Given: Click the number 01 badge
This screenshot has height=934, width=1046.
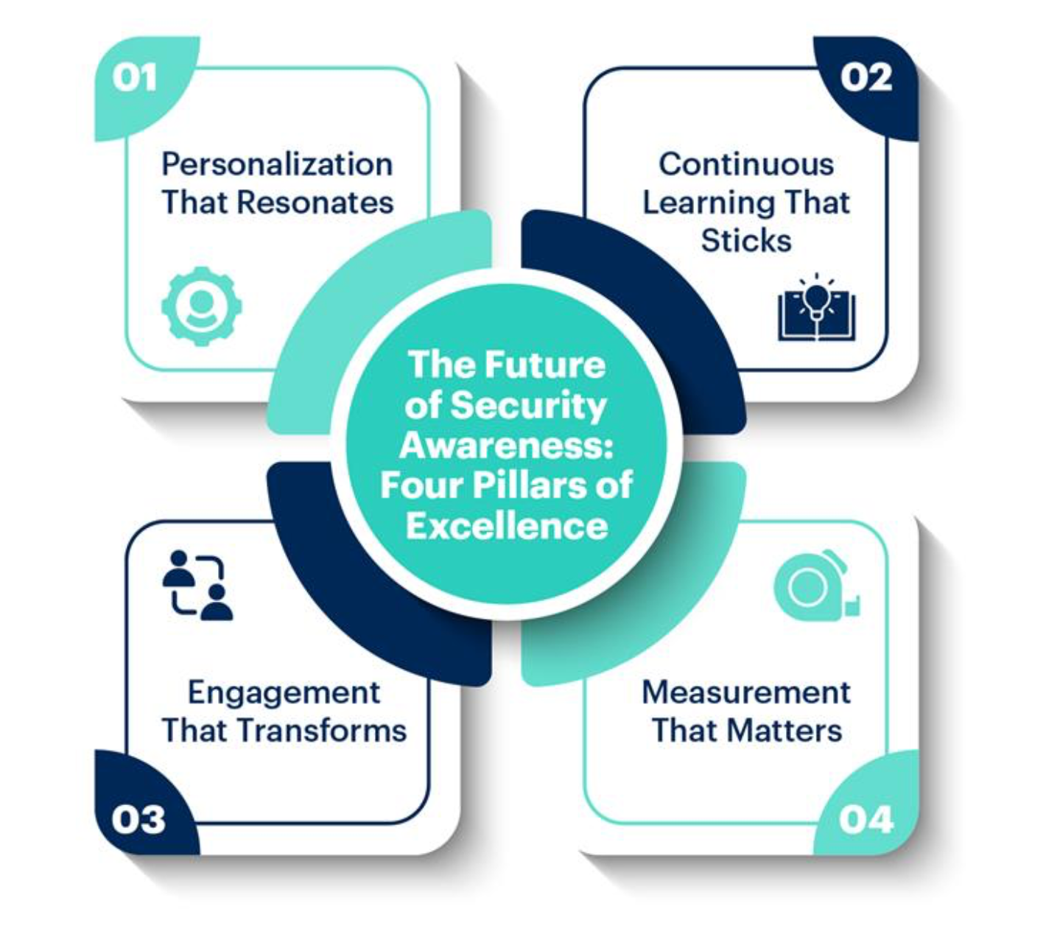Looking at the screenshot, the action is [x=134, y=79].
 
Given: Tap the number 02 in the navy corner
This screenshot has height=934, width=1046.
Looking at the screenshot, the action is [x=866, y=79].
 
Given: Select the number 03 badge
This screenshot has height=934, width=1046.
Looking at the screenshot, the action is [x=138, y=820].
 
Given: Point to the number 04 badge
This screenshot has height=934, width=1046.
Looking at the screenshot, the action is [x=866, y=820].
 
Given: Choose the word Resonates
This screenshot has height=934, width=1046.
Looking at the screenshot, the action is [x=315, y=203].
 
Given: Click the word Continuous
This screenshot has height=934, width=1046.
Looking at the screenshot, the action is [x=746, y=165].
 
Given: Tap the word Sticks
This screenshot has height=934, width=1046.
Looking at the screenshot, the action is [x=746, y=241].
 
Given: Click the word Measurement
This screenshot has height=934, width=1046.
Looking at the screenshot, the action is [x=746, y=693].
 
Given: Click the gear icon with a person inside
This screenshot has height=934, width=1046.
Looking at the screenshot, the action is [x=201, y=306].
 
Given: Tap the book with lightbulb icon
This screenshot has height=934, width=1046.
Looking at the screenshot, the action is [x=816, y=307].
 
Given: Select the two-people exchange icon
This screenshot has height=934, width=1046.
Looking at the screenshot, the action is [x=197, y=585].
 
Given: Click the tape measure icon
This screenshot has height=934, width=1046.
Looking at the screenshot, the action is [x=816, y=585].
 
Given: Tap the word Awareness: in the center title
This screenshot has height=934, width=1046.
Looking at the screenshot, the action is [x=507, y=446].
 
